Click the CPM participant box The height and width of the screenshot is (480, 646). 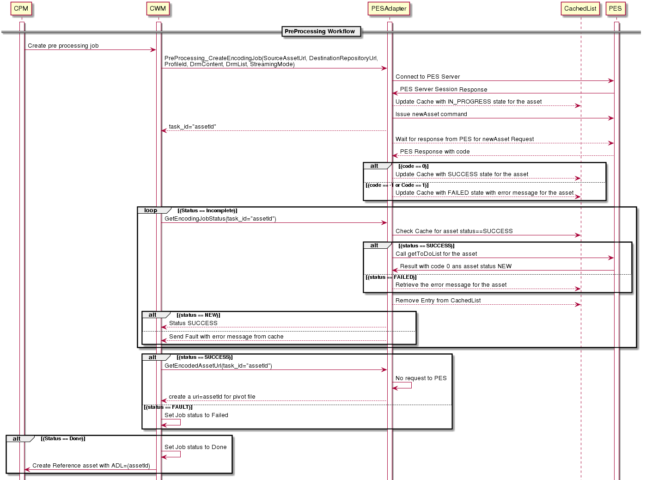[x=21, y=9]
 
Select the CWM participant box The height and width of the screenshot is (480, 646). [x=158, y=9]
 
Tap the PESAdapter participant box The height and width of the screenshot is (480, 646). [x=389, y=9]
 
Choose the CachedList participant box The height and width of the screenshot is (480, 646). [x=580, y=9]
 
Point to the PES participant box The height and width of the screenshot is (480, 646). [x=615, y=9]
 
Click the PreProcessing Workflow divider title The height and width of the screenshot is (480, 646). [x=320, y=31]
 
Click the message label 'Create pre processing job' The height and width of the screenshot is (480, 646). [x=63, y=46]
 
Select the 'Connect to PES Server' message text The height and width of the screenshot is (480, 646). [x=427, y=77]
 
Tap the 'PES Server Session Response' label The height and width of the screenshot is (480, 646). [x=444, y=89]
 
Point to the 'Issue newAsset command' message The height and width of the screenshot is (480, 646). [x=431, y=114]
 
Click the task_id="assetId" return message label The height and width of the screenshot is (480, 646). [x=192, y=127]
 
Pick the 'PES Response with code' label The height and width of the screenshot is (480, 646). [x=435, y=152]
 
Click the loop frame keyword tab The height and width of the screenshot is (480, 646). [x=151, y=210]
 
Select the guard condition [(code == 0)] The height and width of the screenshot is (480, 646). [x=414, y=166]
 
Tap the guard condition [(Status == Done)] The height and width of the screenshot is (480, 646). [x=63, y=439]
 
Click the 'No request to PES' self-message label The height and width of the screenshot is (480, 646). [x=421, y=378]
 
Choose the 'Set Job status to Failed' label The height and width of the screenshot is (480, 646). [x=196, y=415]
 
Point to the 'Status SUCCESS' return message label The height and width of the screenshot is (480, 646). [x=193, y=323]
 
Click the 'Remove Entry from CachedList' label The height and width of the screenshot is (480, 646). [x=438, y=301]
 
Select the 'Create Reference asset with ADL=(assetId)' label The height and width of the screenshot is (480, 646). [x=91, y=466]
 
